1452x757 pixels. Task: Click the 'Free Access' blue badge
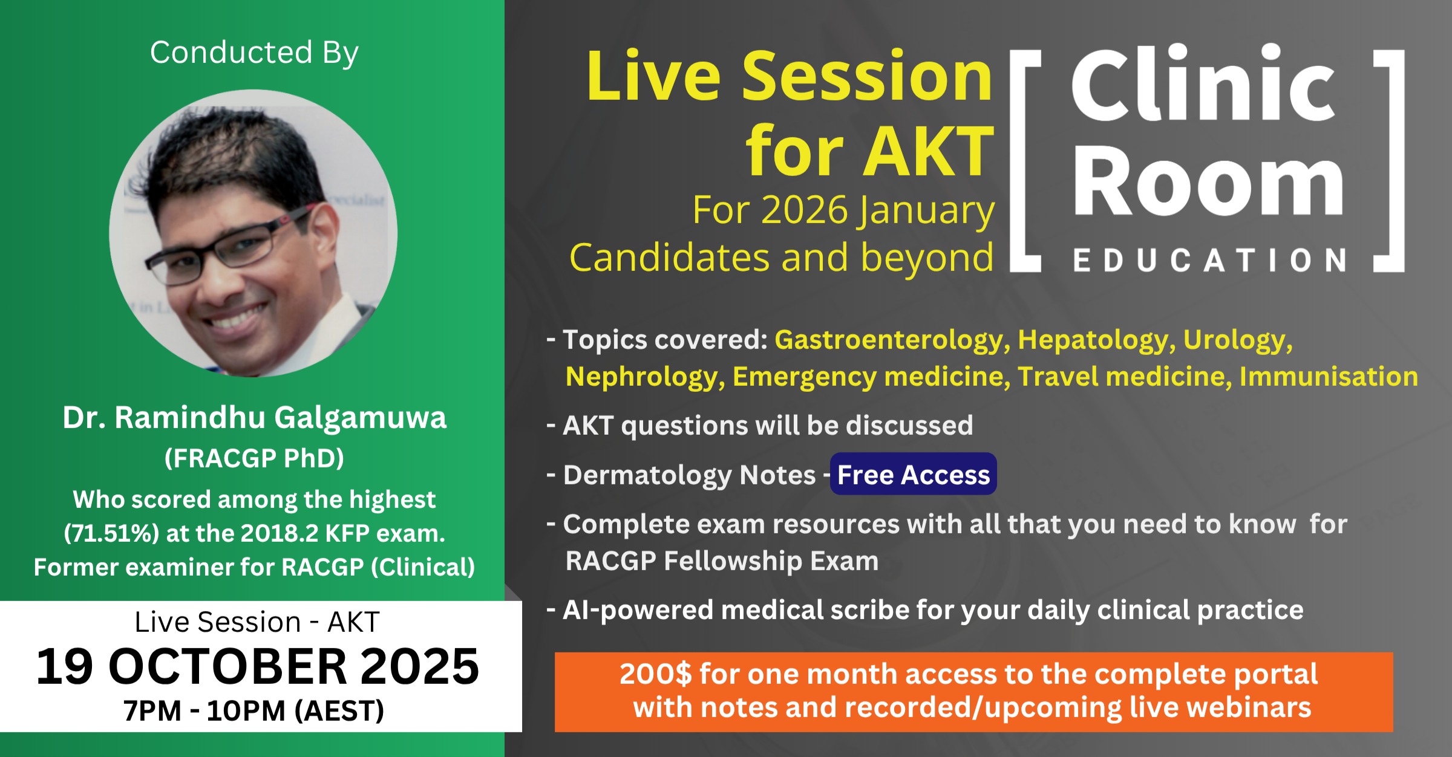(913, 474)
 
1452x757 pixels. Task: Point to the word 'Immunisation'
(1329, 377)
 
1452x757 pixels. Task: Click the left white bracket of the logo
(1018, 160)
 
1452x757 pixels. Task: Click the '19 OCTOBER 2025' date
(258, 666)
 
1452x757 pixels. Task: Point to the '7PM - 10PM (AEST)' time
(254, 710)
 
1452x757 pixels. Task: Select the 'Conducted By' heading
(254, 53)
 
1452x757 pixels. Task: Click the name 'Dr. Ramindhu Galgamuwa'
(254, 417)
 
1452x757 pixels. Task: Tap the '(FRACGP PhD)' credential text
(254, 458)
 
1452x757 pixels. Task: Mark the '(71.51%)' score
(111, 533)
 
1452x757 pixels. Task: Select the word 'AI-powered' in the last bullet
(638, 610)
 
